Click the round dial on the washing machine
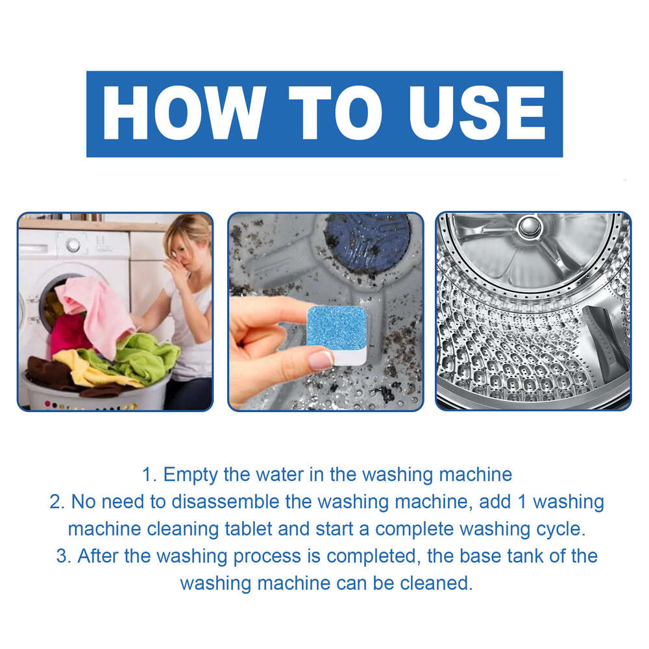click(73, 245)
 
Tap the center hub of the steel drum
click(530, 227)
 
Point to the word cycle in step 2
click(558, 528)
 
